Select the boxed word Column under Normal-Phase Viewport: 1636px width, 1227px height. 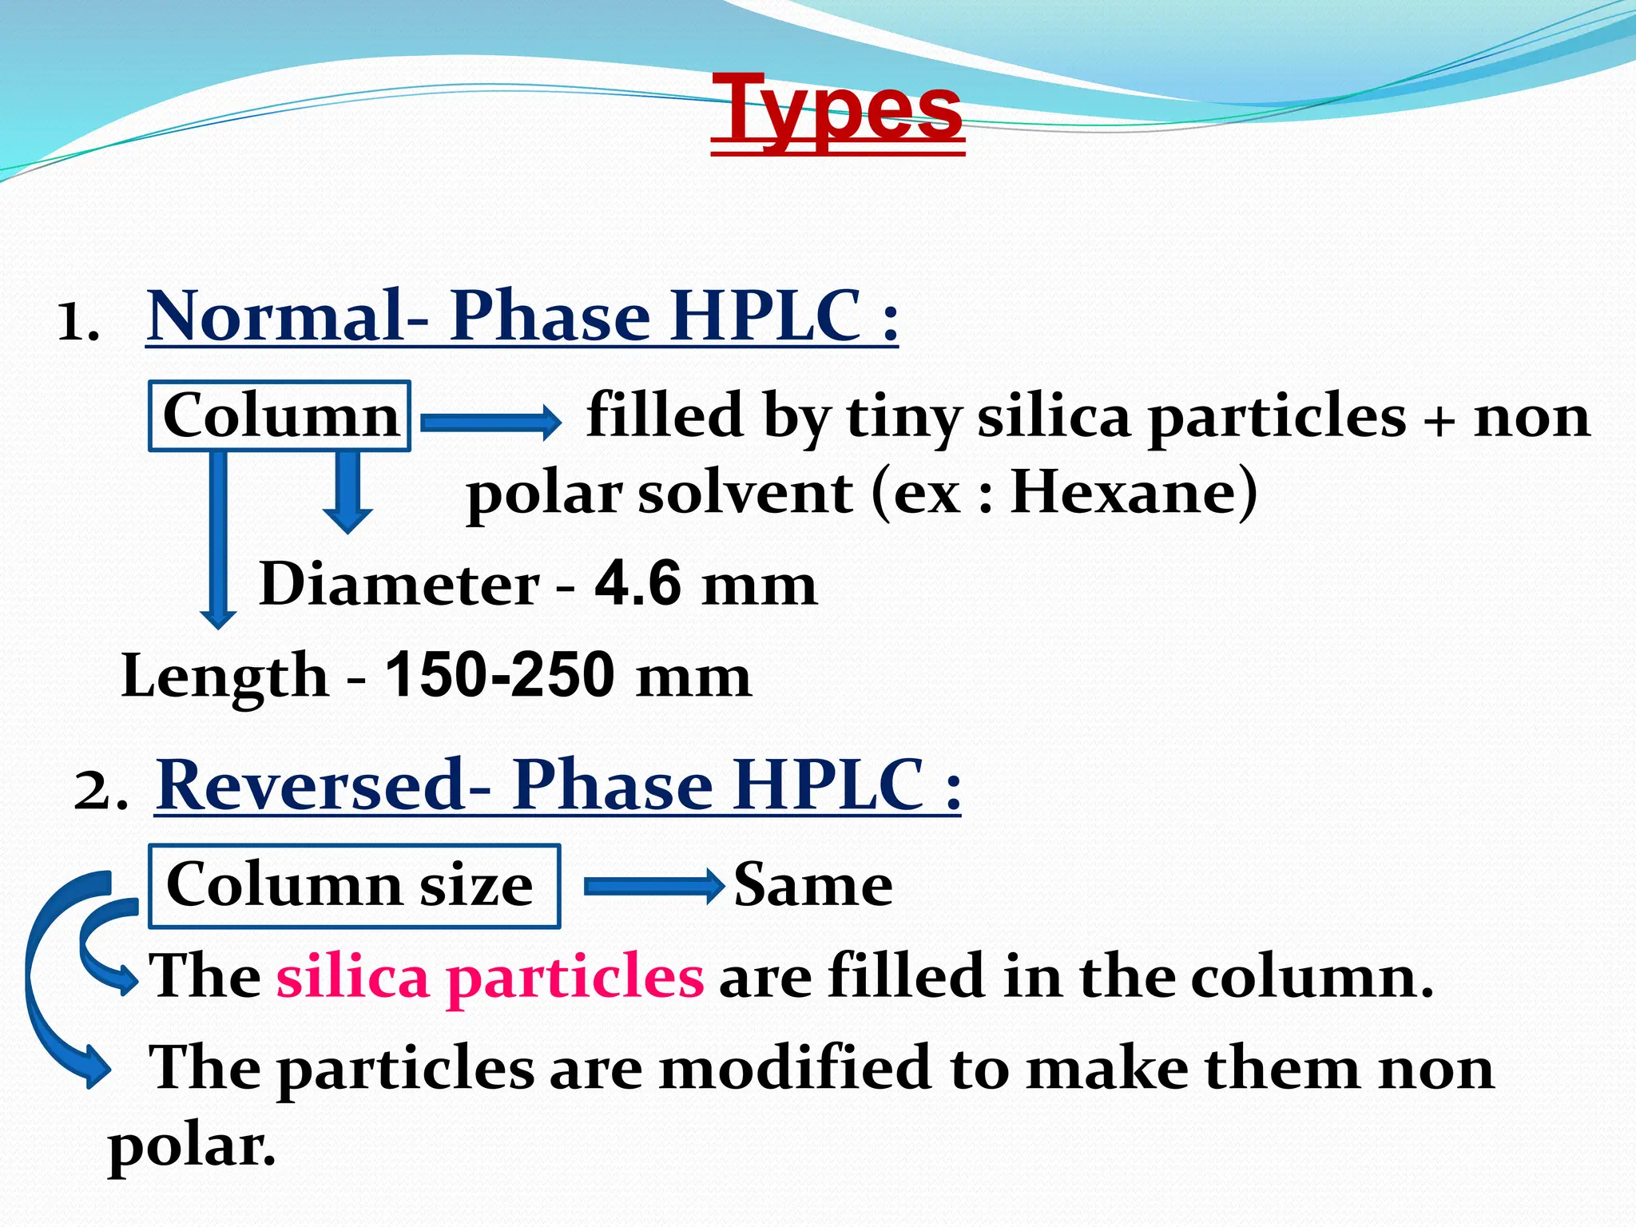tap(280, 416)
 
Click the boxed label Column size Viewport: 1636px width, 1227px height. tap(351, 885)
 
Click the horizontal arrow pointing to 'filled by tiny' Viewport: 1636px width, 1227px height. tap(490, 421)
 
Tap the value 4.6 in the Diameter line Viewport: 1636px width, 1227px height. tap(637, 584)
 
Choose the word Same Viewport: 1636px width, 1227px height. tap(813, 885)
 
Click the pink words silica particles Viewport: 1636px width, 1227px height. tap(490, 977)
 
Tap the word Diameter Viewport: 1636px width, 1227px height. tap(399, 584)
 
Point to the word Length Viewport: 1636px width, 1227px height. tap(224, 676)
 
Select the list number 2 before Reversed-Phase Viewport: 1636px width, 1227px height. tap(99, 792)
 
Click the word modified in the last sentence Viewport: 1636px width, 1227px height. tap(794, 1068)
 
